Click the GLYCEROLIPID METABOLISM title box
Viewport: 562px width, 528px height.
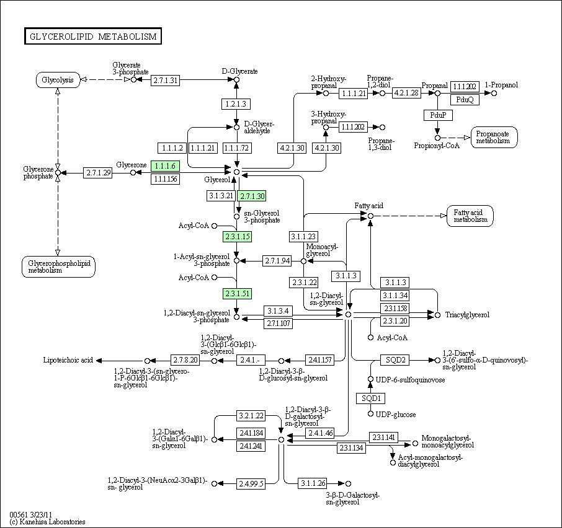coord(93,37)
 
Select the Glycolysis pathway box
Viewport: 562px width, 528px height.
coord(58,80)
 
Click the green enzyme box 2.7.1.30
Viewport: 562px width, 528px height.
coord(252,196)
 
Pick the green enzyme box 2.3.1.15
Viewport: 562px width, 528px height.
coord(237,237)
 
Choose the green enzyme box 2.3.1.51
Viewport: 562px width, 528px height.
coord(237,294)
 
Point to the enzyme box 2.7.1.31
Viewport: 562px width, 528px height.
coord(166,80)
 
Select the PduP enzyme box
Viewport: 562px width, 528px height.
coord(437,115)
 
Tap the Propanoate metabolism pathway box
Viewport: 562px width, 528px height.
coord(494,137)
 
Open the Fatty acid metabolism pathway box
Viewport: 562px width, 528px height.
coord(470,216)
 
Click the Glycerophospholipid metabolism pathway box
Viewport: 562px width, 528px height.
coord(58,266)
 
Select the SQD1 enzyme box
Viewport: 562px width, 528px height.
coord(370,398)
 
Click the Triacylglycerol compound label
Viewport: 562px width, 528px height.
coord(467,315)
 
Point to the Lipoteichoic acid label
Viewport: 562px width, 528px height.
coord(68,360)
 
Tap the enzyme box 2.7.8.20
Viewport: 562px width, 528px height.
coord(185,360)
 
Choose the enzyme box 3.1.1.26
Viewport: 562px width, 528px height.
coord(313,483)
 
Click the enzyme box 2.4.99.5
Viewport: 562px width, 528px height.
coord(250,483)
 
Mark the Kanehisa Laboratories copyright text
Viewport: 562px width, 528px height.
coord(48,522)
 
